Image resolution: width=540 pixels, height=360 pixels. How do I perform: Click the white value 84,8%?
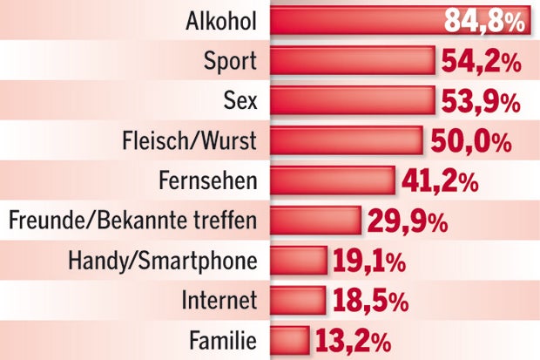[484, 21]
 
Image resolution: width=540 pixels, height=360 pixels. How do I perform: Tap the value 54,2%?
[480, 62]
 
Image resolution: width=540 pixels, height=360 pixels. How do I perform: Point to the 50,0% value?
[467, 141]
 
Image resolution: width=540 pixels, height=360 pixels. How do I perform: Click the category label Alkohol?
[222, 22]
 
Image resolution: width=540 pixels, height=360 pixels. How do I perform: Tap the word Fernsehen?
[209, 180]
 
